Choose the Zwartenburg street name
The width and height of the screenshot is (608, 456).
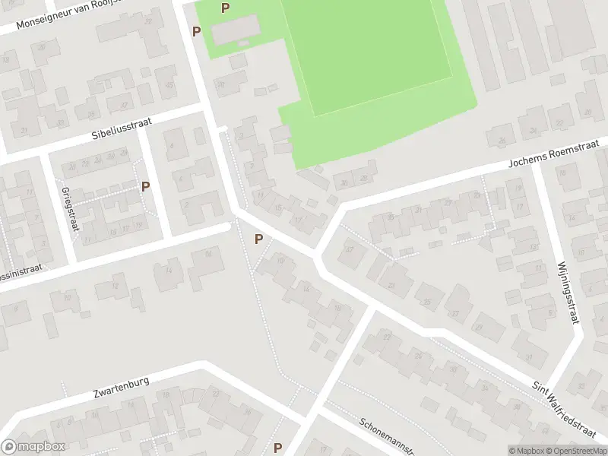pos(121,387)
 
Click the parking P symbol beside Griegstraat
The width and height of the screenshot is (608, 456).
pos(145,186)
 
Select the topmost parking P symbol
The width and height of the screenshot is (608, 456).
pos(224,8)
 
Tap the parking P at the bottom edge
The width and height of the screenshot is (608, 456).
pos(277,448)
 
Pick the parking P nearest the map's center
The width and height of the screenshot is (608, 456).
pos(259,239)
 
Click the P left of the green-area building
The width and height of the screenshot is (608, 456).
pos(196,31)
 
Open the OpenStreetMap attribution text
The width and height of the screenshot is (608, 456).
pos(578,450)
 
